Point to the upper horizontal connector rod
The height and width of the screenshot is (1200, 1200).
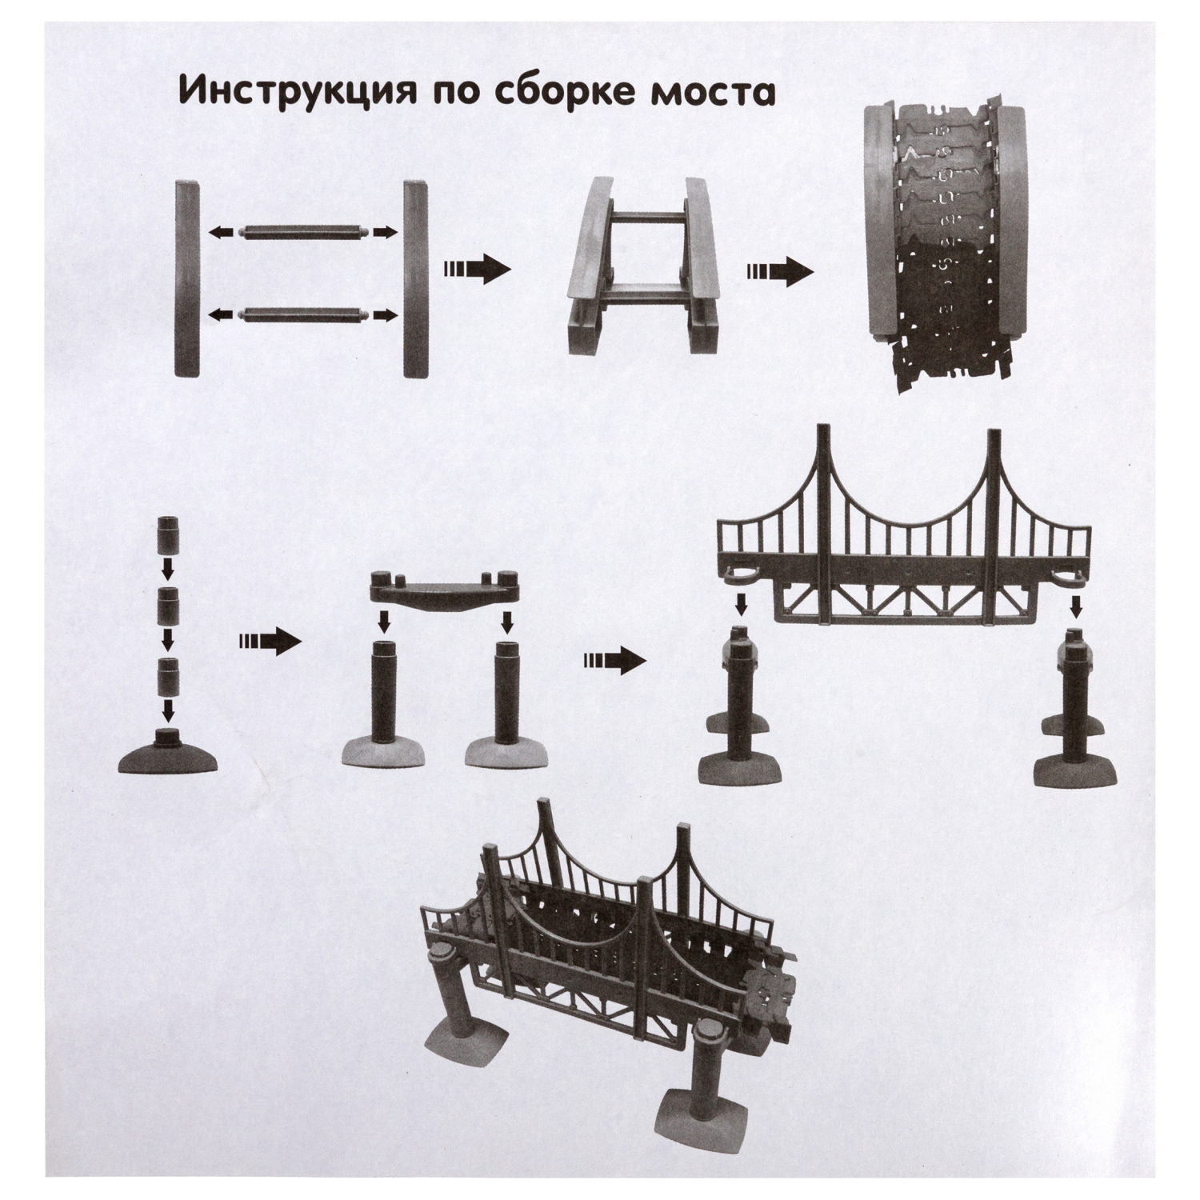pyautogui.click(x=303, y=232)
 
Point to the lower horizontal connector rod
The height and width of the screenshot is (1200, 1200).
pyautogui.click(x=303, y=314)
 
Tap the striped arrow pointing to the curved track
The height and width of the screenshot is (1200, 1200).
pyautogui.click(x=780, y=272)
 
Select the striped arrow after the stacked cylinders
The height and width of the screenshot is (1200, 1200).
pyautogui.click(x=267, y=641)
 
